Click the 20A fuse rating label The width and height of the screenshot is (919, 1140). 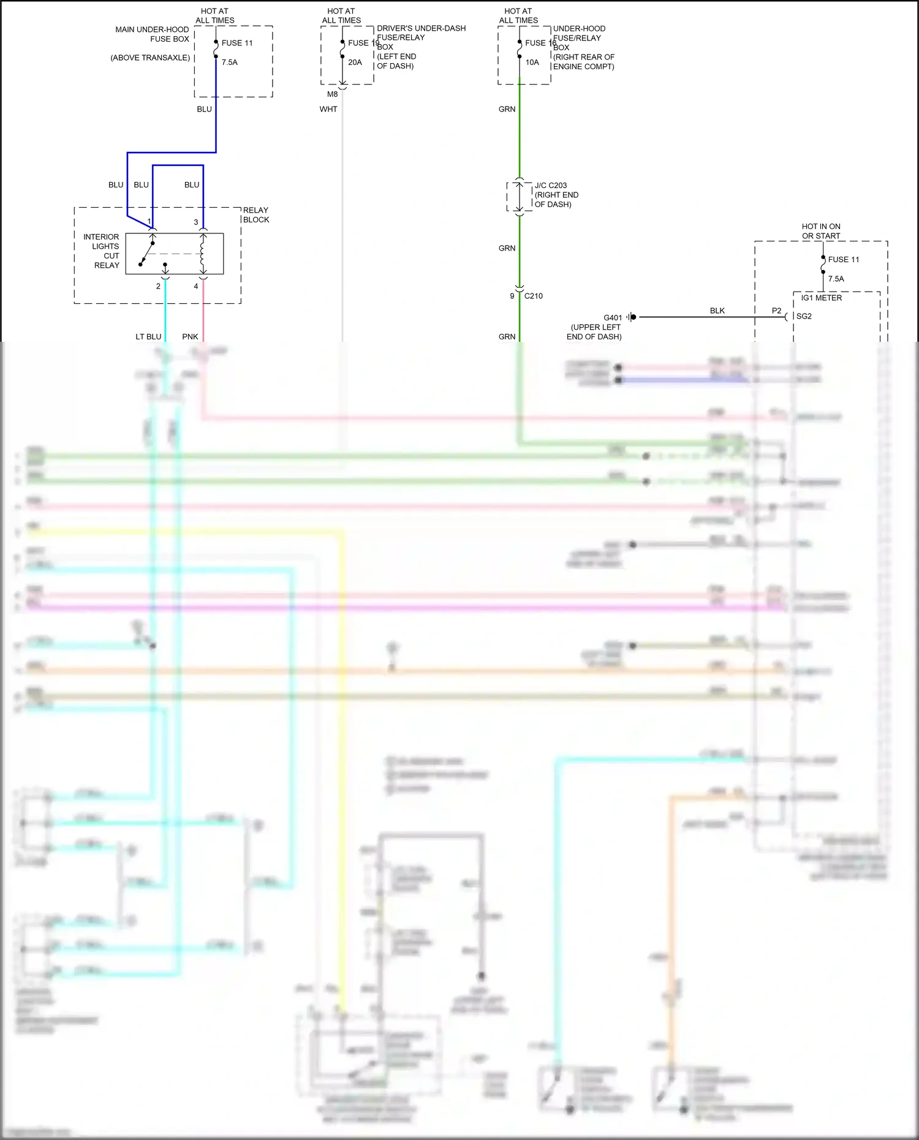pos(355,62)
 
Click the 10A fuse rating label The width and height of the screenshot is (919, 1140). pos(532,62)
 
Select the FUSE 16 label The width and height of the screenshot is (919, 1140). pos(540,43)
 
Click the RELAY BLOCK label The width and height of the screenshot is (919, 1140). pos(255,215)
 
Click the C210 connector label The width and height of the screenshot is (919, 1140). pos(533,296)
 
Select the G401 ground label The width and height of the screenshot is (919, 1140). pos(612,318)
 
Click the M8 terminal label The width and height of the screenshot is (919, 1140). pos(332,94)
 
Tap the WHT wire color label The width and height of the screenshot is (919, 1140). pos(328,109)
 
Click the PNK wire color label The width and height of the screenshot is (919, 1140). pos(190,337)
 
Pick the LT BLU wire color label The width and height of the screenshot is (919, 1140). pos(148,337)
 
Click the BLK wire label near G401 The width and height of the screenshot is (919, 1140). pos(717,311)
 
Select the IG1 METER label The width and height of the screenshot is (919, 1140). pos(821,298)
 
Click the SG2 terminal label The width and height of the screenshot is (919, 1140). pos(804,316)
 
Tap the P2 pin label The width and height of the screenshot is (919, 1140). pos(776,311)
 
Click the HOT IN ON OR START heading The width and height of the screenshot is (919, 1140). pos(821,231)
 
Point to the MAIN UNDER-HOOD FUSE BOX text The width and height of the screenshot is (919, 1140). pos(153,34)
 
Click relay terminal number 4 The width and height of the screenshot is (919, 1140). pos(196,286)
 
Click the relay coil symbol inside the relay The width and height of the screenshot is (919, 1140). pos(202,254)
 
